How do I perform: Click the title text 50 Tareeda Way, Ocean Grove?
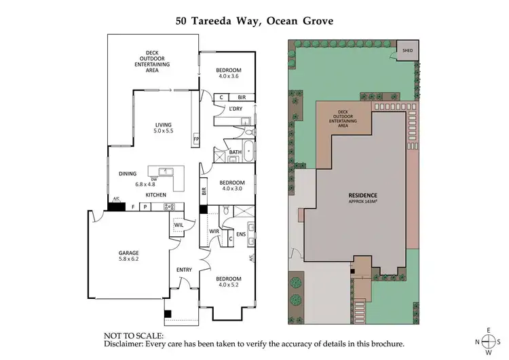(254, 20)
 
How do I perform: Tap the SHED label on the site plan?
(407, 50)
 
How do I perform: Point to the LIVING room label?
(164, 124)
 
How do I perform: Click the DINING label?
(128, 174)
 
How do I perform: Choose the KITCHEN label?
(156, 196)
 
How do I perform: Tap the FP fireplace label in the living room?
(195, 139)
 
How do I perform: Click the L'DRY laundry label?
(235, 109)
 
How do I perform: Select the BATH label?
(235, 151)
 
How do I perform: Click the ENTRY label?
(184, 270)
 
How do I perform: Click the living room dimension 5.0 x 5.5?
(164, 131)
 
